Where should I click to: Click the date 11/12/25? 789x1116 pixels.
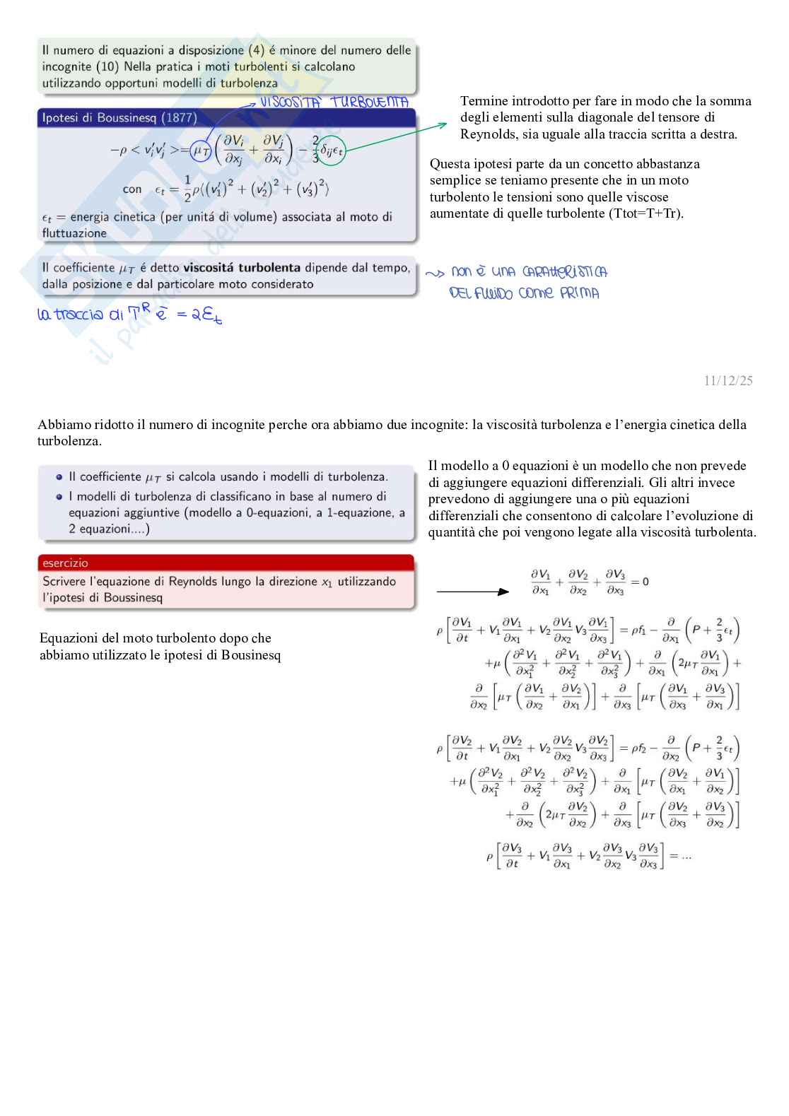pyautogui.click(x=728, y=381)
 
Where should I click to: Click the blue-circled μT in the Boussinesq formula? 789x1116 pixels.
pyautogui.click(x=201, y=150)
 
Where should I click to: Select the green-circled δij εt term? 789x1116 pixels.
pyautogui.click(x=331, y=151)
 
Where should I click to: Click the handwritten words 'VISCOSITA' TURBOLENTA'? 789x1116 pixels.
pyautogui.click(x=334, y=102)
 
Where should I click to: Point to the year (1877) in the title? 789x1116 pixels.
pyautogui.click(x=179, y=118)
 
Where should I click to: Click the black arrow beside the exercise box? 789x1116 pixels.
pyautogui.click(x=472, y=592)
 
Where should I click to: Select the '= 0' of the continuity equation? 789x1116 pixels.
pyautogui.click(x=640, y=582)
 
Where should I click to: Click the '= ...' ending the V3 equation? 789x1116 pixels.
pyautogui.click(x=680, y=856)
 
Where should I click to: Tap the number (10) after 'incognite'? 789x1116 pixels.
pyautogui.click(x=107, y=67)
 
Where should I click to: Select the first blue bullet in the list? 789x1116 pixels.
pyautogui.click(x=59, y=477)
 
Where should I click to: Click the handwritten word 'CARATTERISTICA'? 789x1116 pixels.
pyautogui.click(x=564, y=272)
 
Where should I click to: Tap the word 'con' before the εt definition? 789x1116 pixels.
pyautogui.click(x=132, y=189)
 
